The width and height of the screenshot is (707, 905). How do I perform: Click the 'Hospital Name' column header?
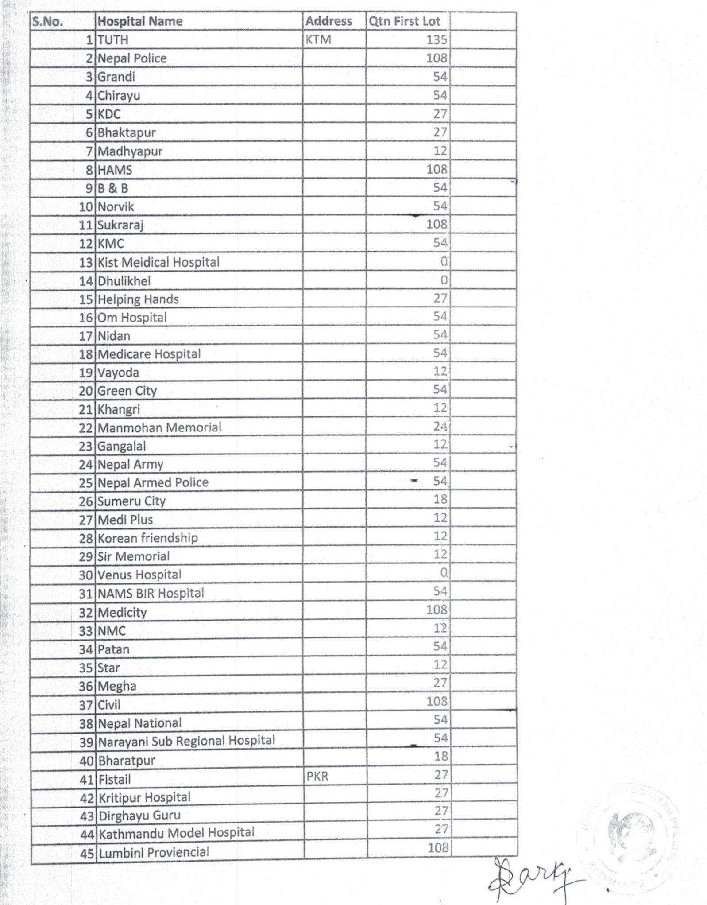(x=140, y=21)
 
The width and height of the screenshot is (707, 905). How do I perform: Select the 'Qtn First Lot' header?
(x=404, y=21)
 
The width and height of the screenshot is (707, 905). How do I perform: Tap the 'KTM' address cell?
(x=318, y=40)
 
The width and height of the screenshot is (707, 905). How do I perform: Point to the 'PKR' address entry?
(x=317, y=776)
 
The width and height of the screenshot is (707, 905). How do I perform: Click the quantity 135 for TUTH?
(x=437, y=40)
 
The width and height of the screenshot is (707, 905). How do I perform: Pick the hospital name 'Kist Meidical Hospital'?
(x=158, y=262)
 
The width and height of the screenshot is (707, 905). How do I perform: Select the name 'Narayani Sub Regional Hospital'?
(x=186, y=741)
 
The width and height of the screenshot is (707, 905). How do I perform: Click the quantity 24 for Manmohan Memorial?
(x=440, y=426)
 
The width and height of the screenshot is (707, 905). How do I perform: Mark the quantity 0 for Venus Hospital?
(x=444, y=573)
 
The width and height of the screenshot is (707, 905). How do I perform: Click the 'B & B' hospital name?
(x=113, y=188)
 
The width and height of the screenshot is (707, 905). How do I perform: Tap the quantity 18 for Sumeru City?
(x=440, y=499)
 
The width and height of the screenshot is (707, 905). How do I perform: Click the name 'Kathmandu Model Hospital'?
(x=177, y=833)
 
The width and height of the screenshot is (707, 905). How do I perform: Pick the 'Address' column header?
(x=328, y=21)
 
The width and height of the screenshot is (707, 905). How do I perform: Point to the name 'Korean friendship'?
(x=148, y=538)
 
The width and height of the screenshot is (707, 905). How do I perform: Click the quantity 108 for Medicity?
(x=437, y=610)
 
